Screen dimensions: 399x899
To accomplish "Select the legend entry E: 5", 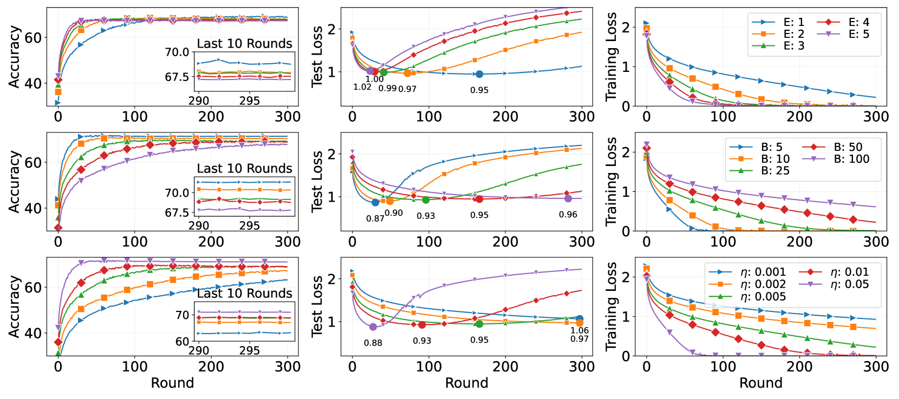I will pyautogui.click(x=858, y=34).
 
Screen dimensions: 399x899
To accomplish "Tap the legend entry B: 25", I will pyautogui.click(x=775, y=171).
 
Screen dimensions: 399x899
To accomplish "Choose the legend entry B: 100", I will pyautogui.click(x=851, y=159).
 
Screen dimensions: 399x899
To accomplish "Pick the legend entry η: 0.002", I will pyautogui.click(x=763, y=284).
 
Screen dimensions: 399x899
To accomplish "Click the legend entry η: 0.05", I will pyautogui.click(x=849, y=284).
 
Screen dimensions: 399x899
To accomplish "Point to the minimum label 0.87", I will pyautogui.click(x=375, y=218).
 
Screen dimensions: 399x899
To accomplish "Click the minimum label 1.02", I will pyautogui.click(x=362, y=87).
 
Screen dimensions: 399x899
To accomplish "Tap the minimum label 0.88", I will pyautogui.click(x=373, y=343).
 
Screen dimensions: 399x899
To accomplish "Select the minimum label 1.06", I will pyautogui.click(x=579, y=330).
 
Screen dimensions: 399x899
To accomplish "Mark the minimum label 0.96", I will pyautogui.click(x=568, y=215).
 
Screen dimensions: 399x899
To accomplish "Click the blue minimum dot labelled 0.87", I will pyautogui.click(x=376, y=203).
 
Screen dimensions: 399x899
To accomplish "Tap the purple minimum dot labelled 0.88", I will pyautogui.click(x=373, y=327).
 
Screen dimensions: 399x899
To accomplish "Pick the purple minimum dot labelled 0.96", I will pyautogui.click(x=568, y=199).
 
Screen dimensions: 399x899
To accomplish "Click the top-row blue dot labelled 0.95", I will pyautogui.click(x=479, y=75).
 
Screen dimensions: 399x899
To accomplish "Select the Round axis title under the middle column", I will pyautogui.click(x=467, y=383).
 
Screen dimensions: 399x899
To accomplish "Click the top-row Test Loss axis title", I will pyautogui.click(x=317, y=56).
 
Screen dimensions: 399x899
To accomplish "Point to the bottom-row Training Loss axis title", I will pyautogui.click(x=611, y=307).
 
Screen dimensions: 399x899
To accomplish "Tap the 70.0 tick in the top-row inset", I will pyautogui.click(x=177, y=52).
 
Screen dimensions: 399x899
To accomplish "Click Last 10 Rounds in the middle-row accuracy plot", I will pyautogui.click(x=244, y=169).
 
